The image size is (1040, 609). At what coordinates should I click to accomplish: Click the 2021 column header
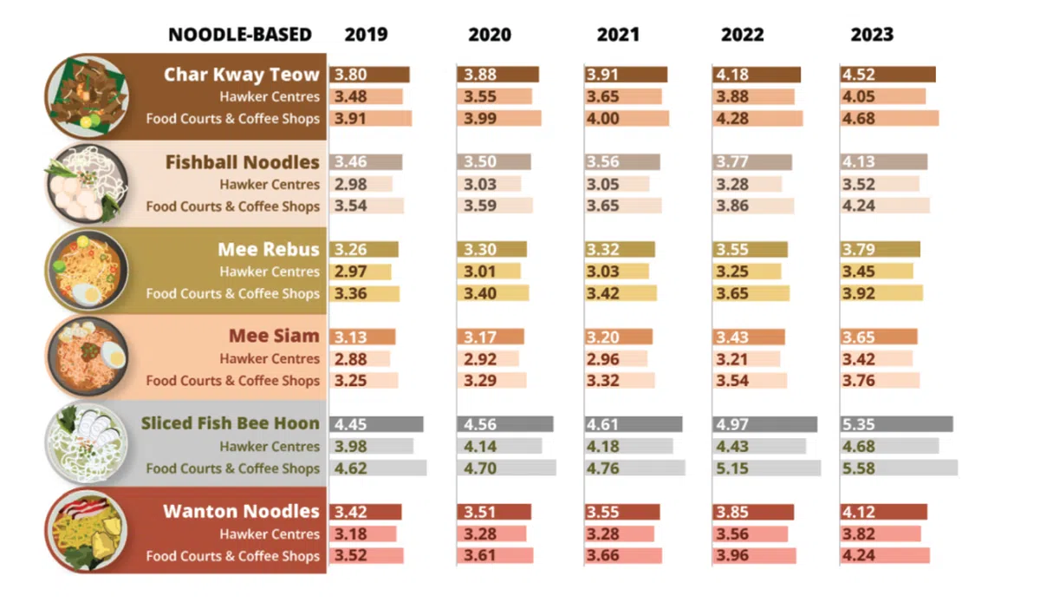point(618,36)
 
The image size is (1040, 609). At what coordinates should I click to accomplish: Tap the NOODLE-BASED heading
point(240,36)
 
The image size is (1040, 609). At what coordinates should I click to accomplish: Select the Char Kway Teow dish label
point(242,75)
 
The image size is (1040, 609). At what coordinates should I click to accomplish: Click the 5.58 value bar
point(899,468)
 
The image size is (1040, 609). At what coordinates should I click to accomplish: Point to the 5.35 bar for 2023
point(896,424)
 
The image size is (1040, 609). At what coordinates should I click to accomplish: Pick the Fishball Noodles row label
point(243,162)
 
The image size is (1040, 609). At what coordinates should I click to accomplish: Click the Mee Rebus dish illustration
point(87,271)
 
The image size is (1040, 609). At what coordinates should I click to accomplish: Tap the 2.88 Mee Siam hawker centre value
point(360,358)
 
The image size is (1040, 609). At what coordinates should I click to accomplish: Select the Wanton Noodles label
point(241,512)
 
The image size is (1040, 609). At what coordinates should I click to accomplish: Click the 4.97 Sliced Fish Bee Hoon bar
point(764,424)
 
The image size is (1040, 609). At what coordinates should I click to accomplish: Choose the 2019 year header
point(367,36)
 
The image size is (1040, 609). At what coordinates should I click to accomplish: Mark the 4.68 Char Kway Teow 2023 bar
point(889,119)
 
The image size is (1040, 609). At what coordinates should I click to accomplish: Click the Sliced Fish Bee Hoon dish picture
point(87,445)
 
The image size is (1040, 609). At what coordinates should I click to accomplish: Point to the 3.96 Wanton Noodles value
point(755,556)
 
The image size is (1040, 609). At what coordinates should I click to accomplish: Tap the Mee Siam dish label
point(274,337)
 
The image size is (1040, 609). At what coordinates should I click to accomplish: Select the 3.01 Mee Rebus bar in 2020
point(489,272)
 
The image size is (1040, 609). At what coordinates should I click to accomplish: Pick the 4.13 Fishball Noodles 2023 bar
point(884,162)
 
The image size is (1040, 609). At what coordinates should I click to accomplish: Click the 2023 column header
point(871,36)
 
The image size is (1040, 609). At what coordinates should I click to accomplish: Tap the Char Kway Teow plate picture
point(87,95)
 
